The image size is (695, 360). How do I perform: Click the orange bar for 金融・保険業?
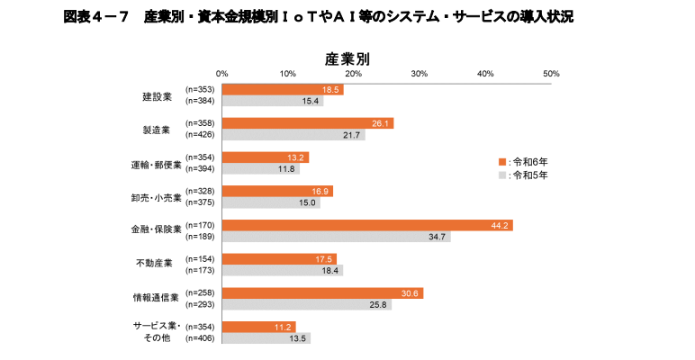tap(366, 225)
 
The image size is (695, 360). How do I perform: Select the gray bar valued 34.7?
tap(336, 237)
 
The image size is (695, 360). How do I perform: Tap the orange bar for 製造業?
tap(307, 123)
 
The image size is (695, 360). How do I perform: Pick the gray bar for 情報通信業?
tap(306, 305)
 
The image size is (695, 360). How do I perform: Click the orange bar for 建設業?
tap(282, 89)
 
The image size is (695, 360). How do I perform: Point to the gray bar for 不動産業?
tap(282, 270)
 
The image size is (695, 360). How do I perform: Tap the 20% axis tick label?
tap(354, 73)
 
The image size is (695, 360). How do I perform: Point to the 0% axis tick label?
tap(222, 73)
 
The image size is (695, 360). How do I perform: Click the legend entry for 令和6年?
tap(524, 161)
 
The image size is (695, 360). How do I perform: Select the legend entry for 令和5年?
tap(524, 175)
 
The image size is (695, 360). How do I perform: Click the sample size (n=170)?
tap(200, 225)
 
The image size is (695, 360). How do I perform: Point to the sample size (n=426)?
tap(200, 135)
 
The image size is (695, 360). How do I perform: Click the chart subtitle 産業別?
tap(347, 58)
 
